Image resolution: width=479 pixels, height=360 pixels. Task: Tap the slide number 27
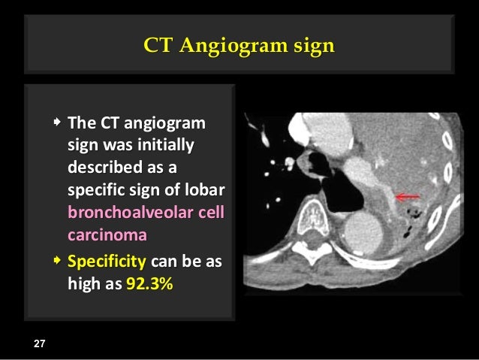39,343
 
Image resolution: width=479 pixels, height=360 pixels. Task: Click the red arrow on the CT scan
408,197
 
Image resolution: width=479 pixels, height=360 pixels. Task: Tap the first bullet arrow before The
58,121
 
